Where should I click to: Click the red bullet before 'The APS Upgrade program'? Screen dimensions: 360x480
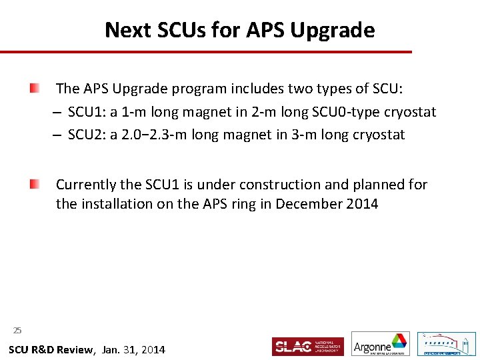(34, 88)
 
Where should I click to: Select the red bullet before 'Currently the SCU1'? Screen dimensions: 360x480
(34, 184)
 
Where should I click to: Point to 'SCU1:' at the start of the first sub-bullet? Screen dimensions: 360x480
(87, 112)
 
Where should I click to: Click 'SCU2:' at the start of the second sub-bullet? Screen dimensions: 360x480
(87, 135)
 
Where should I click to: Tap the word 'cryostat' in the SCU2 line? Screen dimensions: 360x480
(379, 135)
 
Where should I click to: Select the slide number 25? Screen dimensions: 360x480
(17, 330)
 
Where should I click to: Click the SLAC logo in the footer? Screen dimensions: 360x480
(307, 347)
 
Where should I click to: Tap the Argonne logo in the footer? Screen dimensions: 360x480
(381, 344)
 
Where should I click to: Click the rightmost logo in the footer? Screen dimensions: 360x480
(446, 344)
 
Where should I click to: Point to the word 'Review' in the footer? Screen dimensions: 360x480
(73, 349)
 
